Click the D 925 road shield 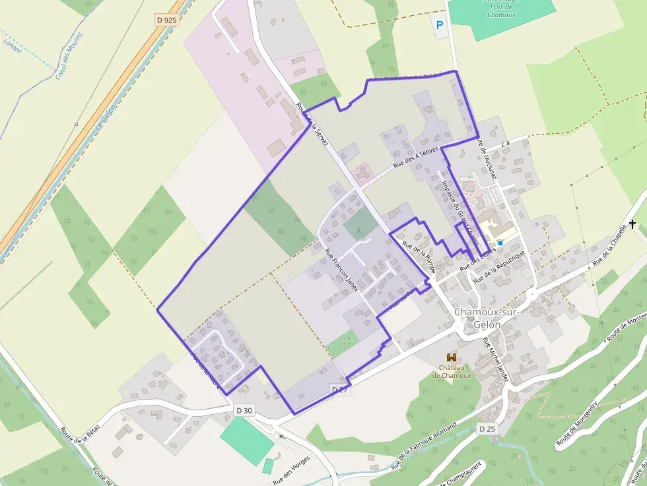point(167,20)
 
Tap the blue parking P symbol point(440,26)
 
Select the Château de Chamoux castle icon point(452,357)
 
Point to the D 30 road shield point(244,410)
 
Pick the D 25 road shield point(487,429)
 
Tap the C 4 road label point(506,143)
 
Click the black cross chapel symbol point(632,224)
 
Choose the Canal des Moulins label point(69,55)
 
